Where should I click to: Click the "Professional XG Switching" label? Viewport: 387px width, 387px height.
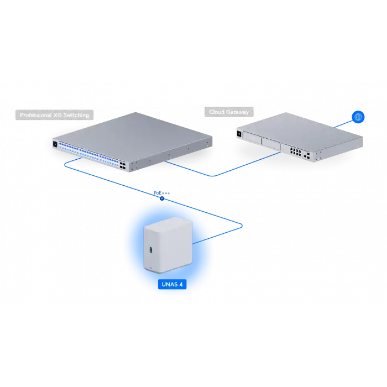tap(54, 116)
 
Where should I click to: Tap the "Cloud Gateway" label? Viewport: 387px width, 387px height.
tap(229, 112)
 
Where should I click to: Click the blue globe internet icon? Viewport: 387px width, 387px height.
tap(358, 117)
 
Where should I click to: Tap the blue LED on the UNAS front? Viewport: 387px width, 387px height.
tap(150, 249)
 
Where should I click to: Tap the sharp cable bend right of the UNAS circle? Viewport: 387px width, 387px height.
tap(243, 224)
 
